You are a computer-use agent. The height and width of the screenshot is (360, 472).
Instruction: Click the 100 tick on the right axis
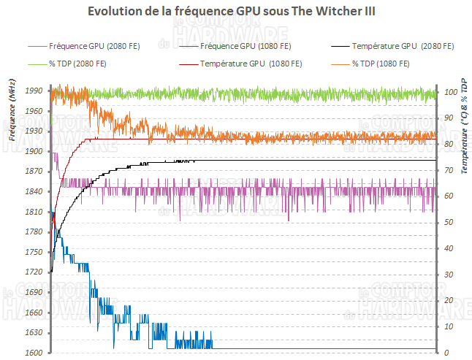(x=450, y=93)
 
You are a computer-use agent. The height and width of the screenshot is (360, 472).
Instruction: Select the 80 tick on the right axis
(x=449, y=145)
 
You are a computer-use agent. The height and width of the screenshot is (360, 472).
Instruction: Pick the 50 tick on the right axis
(x=449, y=223)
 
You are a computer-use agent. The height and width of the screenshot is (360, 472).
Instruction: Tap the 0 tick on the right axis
(x=446, y=353)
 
